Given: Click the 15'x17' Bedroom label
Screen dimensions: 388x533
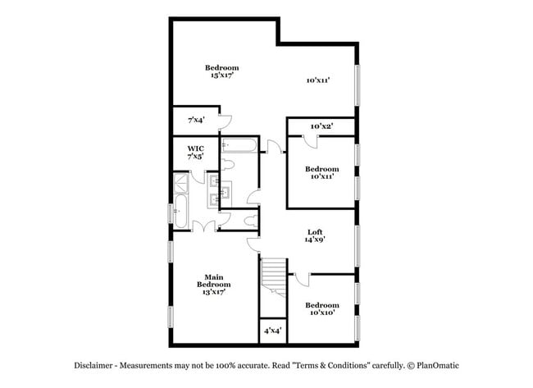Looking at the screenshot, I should tap(221, 71).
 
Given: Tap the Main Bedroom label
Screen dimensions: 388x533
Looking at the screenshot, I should tap(214, 283).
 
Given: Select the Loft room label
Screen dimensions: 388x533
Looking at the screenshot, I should tap(315, 235).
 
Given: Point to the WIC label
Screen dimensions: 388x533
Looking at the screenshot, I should tap(194, 152).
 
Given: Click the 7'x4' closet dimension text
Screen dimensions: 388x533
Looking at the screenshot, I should tap(196, 120).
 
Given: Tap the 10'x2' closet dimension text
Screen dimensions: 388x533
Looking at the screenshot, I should tap(321, 126).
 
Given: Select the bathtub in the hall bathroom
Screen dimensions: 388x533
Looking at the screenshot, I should tap(239, 148).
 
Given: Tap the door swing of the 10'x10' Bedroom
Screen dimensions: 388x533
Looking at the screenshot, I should tap(300, 280).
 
